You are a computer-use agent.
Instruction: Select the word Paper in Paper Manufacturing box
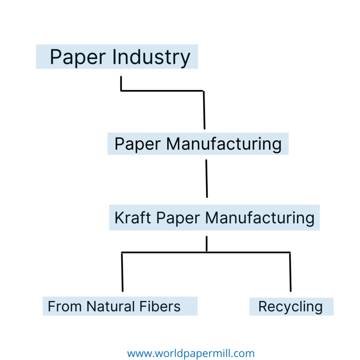(x=138, y=144)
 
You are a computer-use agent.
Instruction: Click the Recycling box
(x=291, y=306)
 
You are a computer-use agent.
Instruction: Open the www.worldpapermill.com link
(x=191, y=353)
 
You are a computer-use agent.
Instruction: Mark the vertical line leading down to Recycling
(x=290, y=272)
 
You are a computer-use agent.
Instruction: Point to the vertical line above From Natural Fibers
(x=122, y=272)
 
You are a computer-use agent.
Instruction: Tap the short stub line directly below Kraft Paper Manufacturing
(x=206, y=244)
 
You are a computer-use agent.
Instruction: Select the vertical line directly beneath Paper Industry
(x=121, y=83)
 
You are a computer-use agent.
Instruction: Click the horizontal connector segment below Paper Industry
(x=162, y=91)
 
